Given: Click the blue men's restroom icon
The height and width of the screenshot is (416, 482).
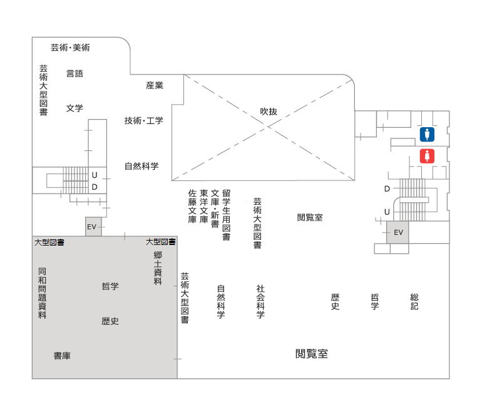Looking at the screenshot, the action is (x=427, y=135).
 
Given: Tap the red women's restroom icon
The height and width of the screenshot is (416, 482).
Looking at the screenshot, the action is (x=427, y=156).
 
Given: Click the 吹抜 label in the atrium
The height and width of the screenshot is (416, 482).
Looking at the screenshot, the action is (x=269, y=112).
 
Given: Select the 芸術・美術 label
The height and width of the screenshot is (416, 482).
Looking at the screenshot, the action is (x=70, y=48).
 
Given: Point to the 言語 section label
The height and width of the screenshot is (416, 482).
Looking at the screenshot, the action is (x=74, y=73).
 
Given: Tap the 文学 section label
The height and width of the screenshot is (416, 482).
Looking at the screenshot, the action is (x=74, y=108).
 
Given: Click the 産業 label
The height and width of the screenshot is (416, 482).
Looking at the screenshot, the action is (x=155, y=85).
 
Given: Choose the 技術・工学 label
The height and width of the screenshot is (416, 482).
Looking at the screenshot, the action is (x=143, y=120).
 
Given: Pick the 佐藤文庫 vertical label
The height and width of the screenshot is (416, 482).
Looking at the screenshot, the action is (x=192, y=206).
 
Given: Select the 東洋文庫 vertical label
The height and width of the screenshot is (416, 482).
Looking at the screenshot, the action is (x=204, y=206).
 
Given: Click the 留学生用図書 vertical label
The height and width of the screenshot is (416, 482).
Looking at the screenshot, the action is (x=227, y=215).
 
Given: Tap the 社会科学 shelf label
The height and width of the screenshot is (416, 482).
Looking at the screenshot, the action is (x=260, y=301).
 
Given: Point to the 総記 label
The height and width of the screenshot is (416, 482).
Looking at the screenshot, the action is (x=414, y=301).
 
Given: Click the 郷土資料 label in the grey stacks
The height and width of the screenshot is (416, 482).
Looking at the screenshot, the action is (x=158, y=268).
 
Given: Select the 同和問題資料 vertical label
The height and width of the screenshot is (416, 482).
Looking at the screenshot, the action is (x=43, y=293).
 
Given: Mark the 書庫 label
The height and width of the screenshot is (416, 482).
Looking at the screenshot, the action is (x=62, y=356).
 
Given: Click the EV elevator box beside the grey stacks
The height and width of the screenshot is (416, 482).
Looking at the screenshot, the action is (x=93, y=227).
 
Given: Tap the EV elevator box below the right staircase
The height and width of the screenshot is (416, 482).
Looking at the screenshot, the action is (x=397, y=232).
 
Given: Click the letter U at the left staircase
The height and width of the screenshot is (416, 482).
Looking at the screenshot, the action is (x=95, y=175).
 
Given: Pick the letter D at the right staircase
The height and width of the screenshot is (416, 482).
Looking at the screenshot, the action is (x=387, y=189).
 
